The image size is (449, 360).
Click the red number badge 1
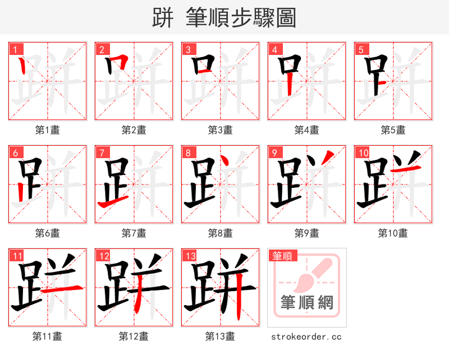(x=14, y=49)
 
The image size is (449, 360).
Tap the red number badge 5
(x=360, y=49)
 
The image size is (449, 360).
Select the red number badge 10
(x=362, y=153)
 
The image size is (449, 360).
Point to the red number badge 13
(x=189, y=256)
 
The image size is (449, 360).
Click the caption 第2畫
(x=134, y=130)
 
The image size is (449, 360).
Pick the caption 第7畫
(x=134, y=233)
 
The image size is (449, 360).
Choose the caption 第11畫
(x=47, y=336)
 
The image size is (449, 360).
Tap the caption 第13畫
(x=220, y=336)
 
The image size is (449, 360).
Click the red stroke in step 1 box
(x=22, y=68)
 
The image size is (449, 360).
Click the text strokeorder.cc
(x=306, y=336)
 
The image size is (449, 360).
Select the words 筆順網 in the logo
(x=306, y=303)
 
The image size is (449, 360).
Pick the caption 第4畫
(x=306, y=130)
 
